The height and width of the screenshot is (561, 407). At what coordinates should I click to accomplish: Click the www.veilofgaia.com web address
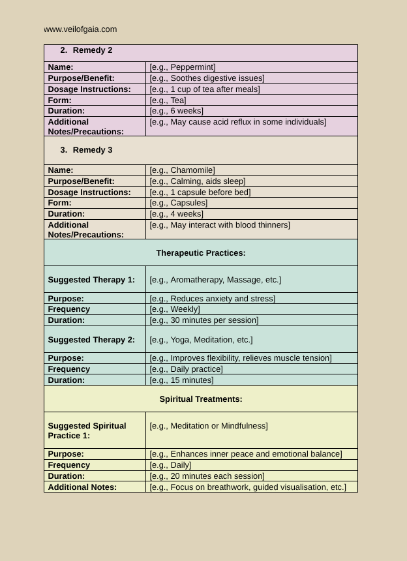[x=81, y=29]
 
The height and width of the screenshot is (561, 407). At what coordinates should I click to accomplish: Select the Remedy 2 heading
[x=92, y=50]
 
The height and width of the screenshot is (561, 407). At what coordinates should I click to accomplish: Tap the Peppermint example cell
[x=183, y=67]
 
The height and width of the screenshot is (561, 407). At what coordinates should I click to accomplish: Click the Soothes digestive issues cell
[x=207, y=78]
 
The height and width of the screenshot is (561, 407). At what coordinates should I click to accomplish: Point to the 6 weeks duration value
[x=176, y=111]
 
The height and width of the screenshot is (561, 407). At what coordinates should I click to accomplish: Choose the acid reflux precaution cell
[x=237, y=122]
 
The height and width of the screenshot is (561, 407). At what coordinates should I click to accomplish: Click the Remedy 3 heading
[x=92, y=150]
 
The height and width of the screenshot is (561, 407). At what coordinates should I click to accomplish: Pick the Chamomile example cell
[x=182, y=170]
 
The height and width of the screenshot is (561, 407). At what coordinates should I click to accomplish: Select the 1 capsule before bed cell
[x=200, y=192]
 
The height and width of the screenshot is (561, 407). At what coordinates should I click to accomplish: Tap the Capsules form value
[x=178, y=203]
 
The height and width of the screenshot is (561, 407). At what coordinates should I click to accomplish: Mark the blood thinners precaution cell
[x=220, y=225]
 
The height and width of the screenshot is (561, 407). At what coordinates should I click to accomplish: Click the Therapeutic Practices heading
[x=201, y=253]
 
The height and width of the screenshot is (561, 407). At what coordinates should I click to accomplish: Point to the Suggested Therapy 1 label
[x=91, y=280]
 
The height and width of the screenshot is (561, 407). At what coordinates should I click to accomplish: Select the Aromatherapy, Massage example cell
[x=215, y=280]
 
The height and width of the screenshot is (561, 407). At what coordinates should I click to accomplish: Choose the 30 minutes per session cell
[x=203, y=320]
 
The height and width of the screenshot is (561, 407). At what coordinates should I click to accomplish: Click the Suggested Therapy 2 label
[x=91, y=340]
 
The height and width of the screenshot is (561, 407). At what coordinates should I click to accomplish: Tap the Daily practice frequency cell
[x=186, y=369]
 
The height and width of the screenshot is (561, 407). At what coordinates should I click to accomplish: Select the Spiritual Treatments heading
[x=201, y=399]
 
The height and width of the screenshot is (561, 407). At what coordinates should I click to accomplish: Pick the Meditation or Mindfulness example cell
[x=209, y=426]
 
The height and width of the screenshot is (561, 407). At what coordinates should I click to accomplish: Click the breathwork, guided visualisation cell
[x=248, y=487]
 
